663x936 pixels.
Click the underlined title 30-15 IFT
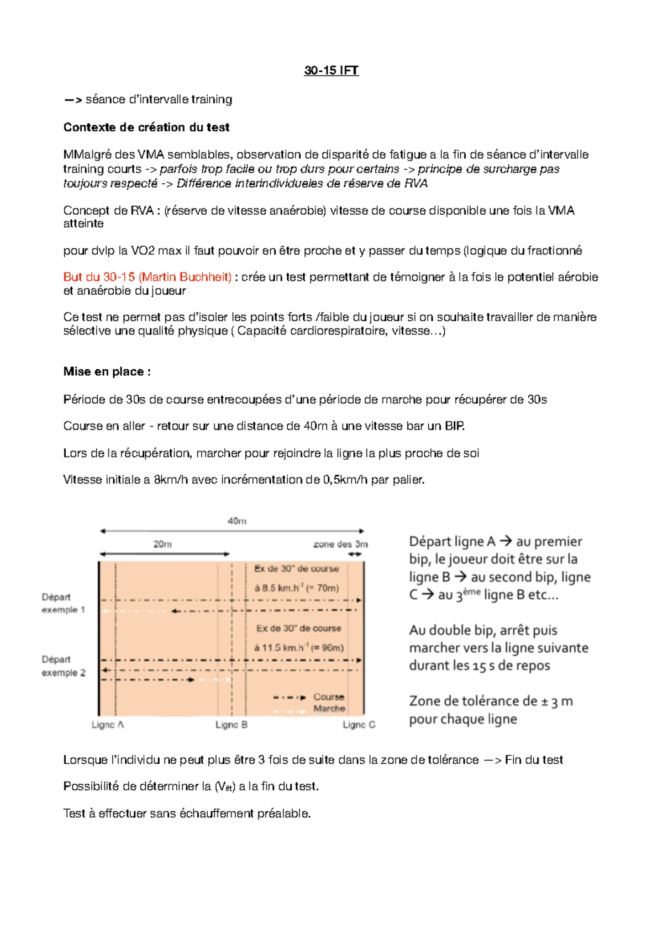(331, 70)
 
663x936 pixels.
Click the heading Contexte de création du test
(146, 127)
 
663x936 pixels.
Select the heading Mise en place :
(107, 371)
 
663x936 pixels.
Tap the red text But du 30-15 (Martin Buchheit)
(148, 277)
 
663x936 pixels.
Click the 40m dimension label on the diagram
(237, 521)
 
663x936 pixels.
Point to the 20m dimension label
(162, 544)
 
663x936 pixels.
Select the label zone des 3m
(340, 544)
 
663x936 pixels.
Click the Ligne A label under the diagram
(108, 725)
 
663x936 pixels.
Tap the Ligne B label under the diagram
(231, 725)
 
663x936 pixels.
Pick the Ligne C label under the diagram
(359, 725)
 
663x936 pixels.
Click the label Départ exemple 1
(63, 603)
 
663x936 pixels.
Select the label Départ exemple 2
(63, 666)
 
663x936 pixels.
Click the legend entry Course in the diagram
(329, 697)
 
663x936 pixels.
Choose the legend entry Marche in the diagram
(329, 709)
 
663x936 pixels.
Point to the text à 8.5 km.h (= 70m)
(297, 588)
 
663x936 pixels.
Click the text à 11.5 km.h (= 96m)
(299, 648)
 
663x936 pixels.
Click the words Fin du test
(534, 760)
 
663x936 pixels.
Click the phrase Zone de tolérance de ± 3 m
(491, 701)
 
